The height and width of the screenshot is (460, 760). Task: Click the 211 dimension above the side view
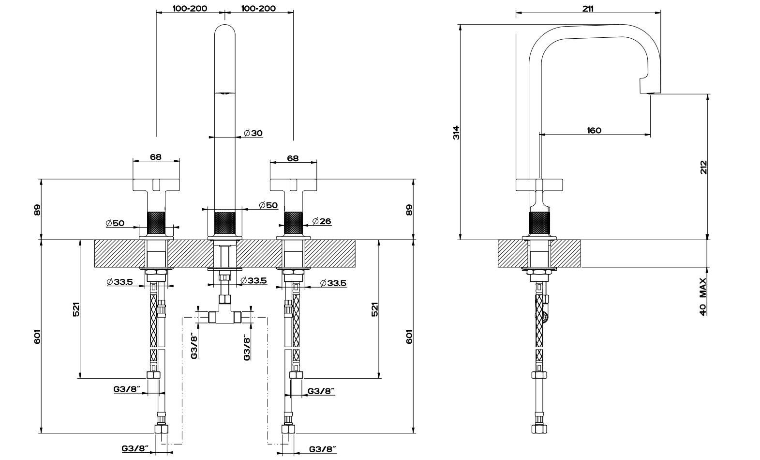pos(588,8)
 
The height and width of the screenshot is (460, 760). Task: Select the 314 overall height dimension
pos(456,133)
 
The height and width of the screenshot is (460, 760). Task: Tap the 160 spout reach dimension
pos(594,130)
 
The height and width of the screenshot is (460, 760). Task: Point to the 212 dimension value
pos(704,167)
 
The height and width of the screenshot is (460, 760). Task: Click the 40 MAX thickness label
pos(703,296)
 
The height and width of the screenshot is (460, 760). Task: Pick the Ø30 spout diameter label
pos(253,133)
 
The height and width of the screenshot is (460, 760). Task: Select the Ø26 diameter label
pos(322,221)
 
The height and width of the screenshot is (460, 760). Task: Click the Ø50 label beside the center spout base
pos(268,205)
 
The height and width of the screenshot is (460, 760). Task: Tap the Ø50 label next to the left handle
pos(115,223)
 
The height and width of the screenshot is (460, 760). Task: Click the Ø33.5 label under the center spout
pos(254,281)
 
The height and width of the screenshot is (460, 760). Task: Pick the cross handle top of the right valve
pos(293,184)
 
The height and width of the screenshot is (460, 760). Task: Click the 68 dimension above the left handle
pos(156,157)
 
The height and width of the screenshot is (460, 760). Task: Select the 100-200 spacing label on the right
pos(258,8)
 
